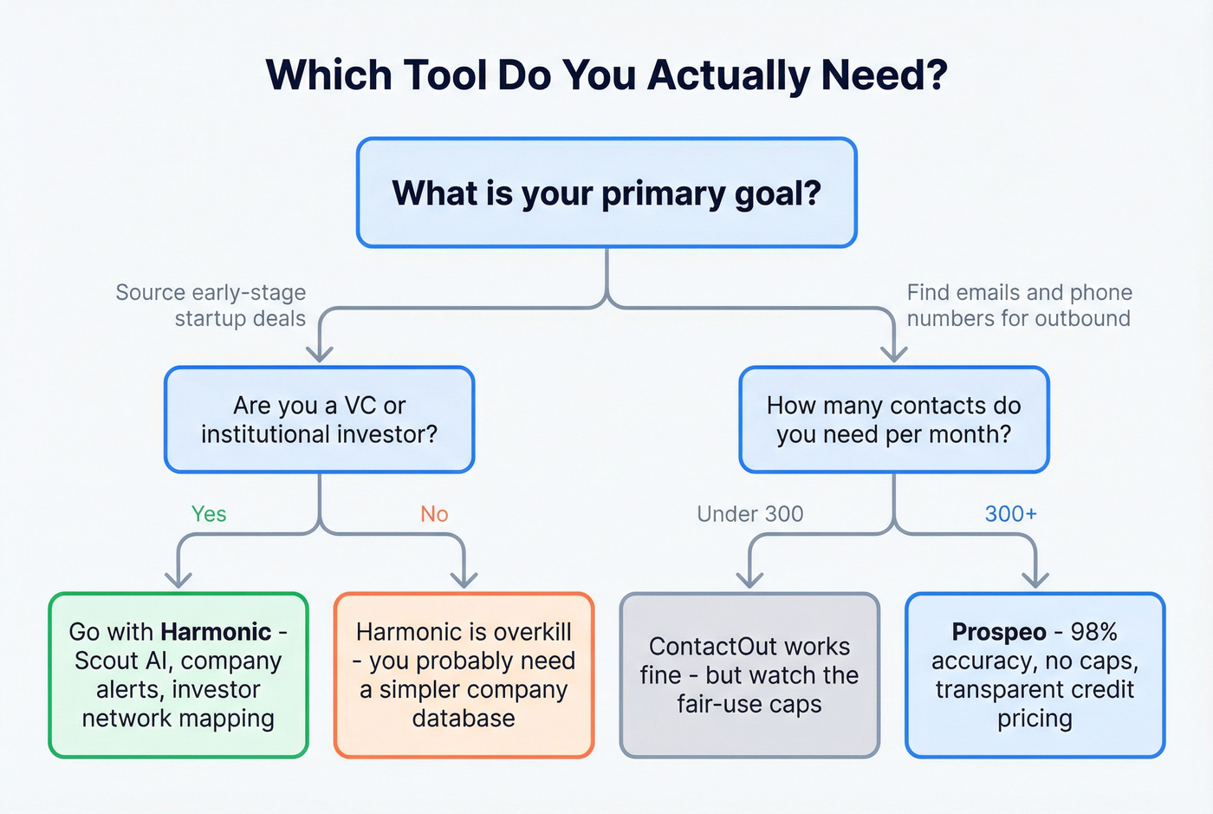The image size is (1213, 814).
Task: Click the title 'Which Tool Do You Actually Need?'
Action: pyautogui.click(x=606, y=75)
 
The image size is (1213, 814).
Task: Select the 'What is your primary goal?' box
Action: pyautogui.click(x=606, y=192)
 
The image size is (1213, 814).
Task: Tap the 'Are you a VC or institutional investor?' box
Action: pyautogui.click(x=319, y=420)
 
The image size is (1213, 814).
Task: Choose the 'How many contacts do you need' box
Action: pyautogui.click(x=893, y=420)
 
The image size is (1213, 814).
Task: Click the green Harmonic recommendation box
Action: pyautogui.click(x=178, y=675)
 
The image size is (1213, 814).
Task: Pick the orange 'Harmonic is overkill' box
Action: pyautogui.click(x=464, y=675)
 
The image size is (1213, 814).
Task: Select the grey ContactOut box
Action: pyautogui.click(x=749, y=675)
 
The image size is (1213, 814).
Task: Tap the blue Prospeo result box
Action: pyautogui.click(x=1035, y=675)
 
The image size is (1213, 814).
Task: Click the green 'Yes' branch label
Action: pyautogui.click(x=209, y=514)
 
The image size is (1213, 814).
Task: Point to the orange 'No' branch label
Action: pyautogui.click(x=434, y=514)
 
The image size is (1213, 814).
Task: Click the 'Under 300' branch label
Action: pyautogui.click(x=749, y=514)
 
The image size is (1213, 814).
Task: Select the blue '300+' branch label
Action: pyautogui.click(x=1010, y=514)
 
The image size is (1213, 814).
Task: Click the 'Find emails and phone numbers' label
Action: pyautogui.click(x=1019, y=305)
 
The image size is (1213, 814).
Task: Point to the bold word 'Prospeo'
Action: pyautogui.click(x=998, y=632)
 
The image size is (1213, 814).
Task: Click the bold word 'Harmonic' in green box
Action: pyautogui.click(x=216, y=632)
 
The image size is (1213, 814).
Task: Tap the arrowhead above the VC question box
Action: pyautogui.click(x=320, y=353)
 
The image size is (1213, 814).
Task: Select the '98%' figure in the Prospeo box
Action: pyautogui.click(x=1093, y=632)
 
